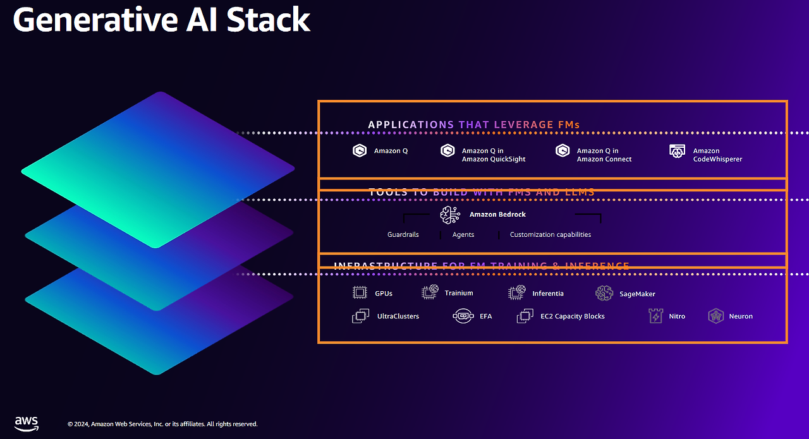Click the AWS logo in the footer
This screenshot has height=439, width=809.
tap(27, 423)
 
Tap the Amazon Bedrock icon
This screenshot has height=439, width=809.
tap(451, 215)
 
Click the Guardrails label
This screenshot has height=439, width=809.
tap(403, 234)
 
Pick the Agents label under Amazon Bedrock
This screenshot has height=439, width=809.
tap(463, 234)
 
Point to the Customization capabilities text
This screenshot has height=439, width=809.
tap(550, 234)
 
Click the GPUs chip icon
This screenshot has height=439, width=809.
tap(360, 292)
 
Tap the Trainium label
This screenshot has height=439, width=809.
tap(459, 293)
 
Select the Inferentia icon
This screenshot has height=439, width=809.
tap(517, 292)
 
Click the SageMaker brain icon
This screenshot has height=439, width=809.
tap(604, 293)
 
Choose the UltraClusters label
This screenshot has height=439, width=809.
tap(398, 316)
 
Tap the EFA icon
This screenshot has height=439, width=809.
tap(463, 316)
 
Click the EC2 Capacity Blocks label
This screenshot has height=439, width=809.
tap(573, 316)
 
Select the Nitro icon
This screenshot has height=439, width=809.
tap(656, 316)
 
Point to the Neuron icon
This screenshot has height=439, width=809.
tap(715, 316)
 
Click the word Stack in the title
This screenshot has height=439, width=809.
tap(269, 20)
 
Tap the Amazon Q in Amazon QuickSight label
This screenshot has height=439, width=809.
tap(493, 155)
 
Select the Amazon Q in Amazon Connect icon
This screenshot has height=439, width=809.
tap(563, 151)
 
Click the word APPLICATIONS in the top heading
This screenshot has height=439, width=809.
tap(411, 124)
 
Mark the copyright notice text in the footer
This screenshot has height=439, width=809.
tap(162, 424)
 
